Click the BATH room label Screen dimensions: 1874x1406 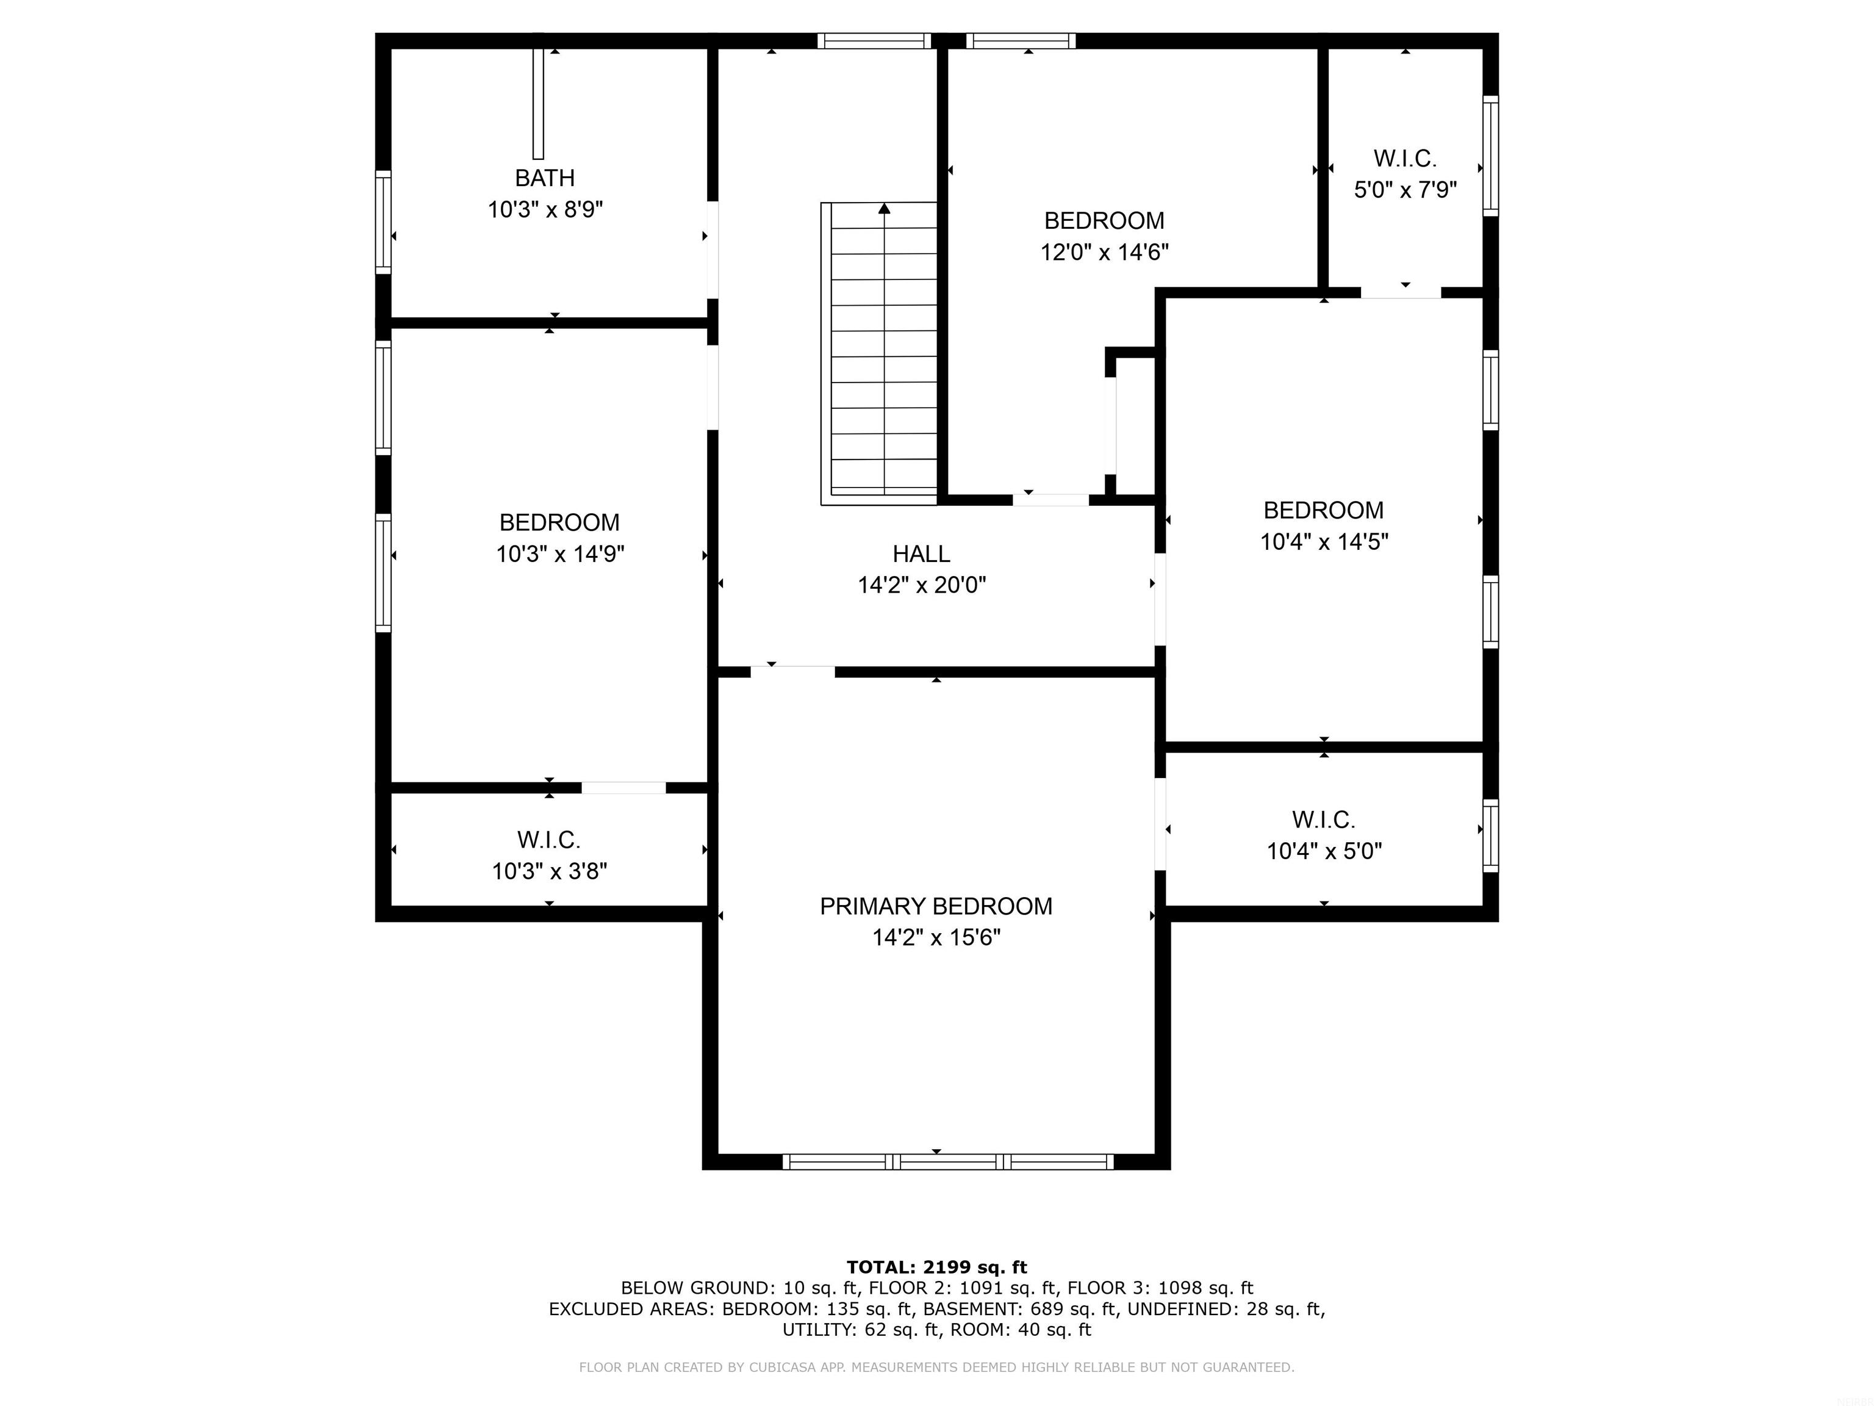545,178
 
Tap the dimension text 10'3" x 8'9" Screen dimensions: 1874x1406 545,209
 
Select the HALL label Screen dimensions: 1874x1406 921,554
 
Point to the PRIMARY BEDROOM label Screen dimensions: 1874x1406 936,907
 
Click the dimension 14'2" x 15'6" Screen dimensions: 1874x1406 936,937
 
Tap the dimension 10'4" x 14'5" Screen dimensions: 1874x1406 1324,541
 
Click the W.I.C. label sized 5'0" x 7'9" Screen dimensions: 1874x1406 1405,159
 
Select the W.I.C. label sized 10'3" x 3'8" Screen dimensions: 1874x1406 549,840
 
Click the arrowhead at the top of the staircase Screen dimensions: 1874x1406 885,207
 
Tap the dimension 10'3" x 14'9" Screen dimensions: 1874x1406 560,554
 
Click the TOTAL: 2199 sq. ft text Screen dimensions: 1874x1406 936,1267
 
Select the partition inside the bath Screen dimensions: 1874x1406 538,103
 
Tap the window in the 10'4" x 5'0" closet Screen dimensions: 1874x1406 1490,835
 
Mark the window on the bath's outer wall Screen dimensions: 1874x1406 384,222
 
